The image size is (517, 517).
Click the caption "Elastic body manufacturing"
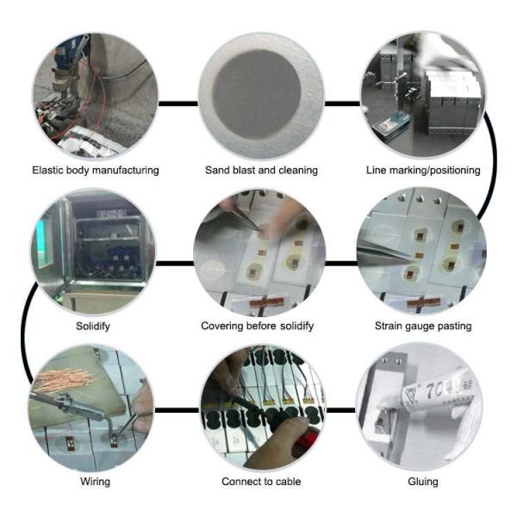[x=95, y=171]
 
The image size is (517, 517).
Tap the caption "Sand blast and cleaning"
[x=259, y=171]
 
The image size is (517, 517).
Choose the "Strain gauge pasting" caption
[x=423, y=327]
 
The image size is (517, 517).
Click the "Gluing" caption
[x=422, y=482]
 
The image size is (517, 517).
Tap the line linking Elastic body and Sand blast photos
[x=176, y=103]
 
